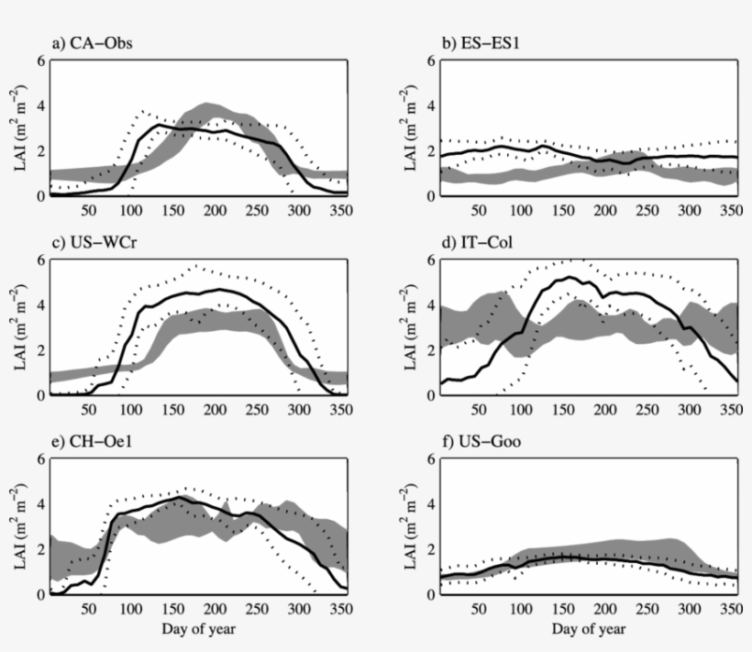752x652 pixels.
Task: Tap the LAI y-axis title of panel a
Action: coord(19,128)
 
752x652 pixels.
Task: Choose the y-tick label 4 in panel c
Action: coord(39,305)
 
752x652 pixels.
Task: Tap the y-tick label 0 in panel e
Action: coord(39,594)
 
